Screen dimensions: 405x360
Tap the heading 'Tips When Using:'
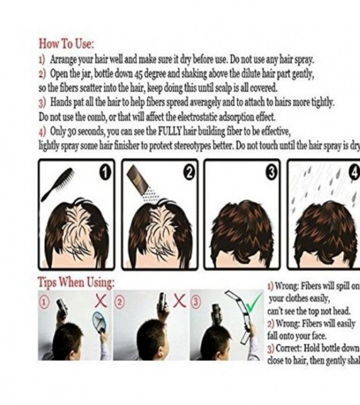tap(75, 283)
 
